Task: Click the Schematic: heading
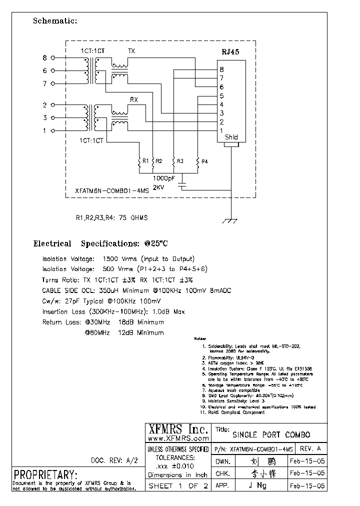click(55, 21)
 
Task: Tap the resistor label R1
click(145, 161)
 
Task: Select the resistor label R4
click(204, 161)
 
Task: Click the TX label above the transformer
click(131, 51)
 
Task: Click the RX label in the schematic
click(133, 100)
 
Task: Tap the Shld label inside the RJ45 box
click(231, 137)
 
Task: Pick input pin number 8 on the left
click(44, 58)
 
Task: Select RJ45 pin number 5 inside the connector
click(221, 96)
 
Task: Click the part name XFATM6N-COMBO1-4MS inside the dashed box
click(107, 191)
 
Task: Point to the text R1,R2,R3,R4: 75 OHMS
click(111, 218)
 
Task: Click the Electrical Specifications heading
click(100, 244)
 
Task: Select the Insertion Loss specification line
click(113, 311)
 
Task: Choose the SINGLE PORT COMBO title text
click(271, 434)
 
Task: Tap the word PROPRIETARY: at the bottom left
click(45, 474)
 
